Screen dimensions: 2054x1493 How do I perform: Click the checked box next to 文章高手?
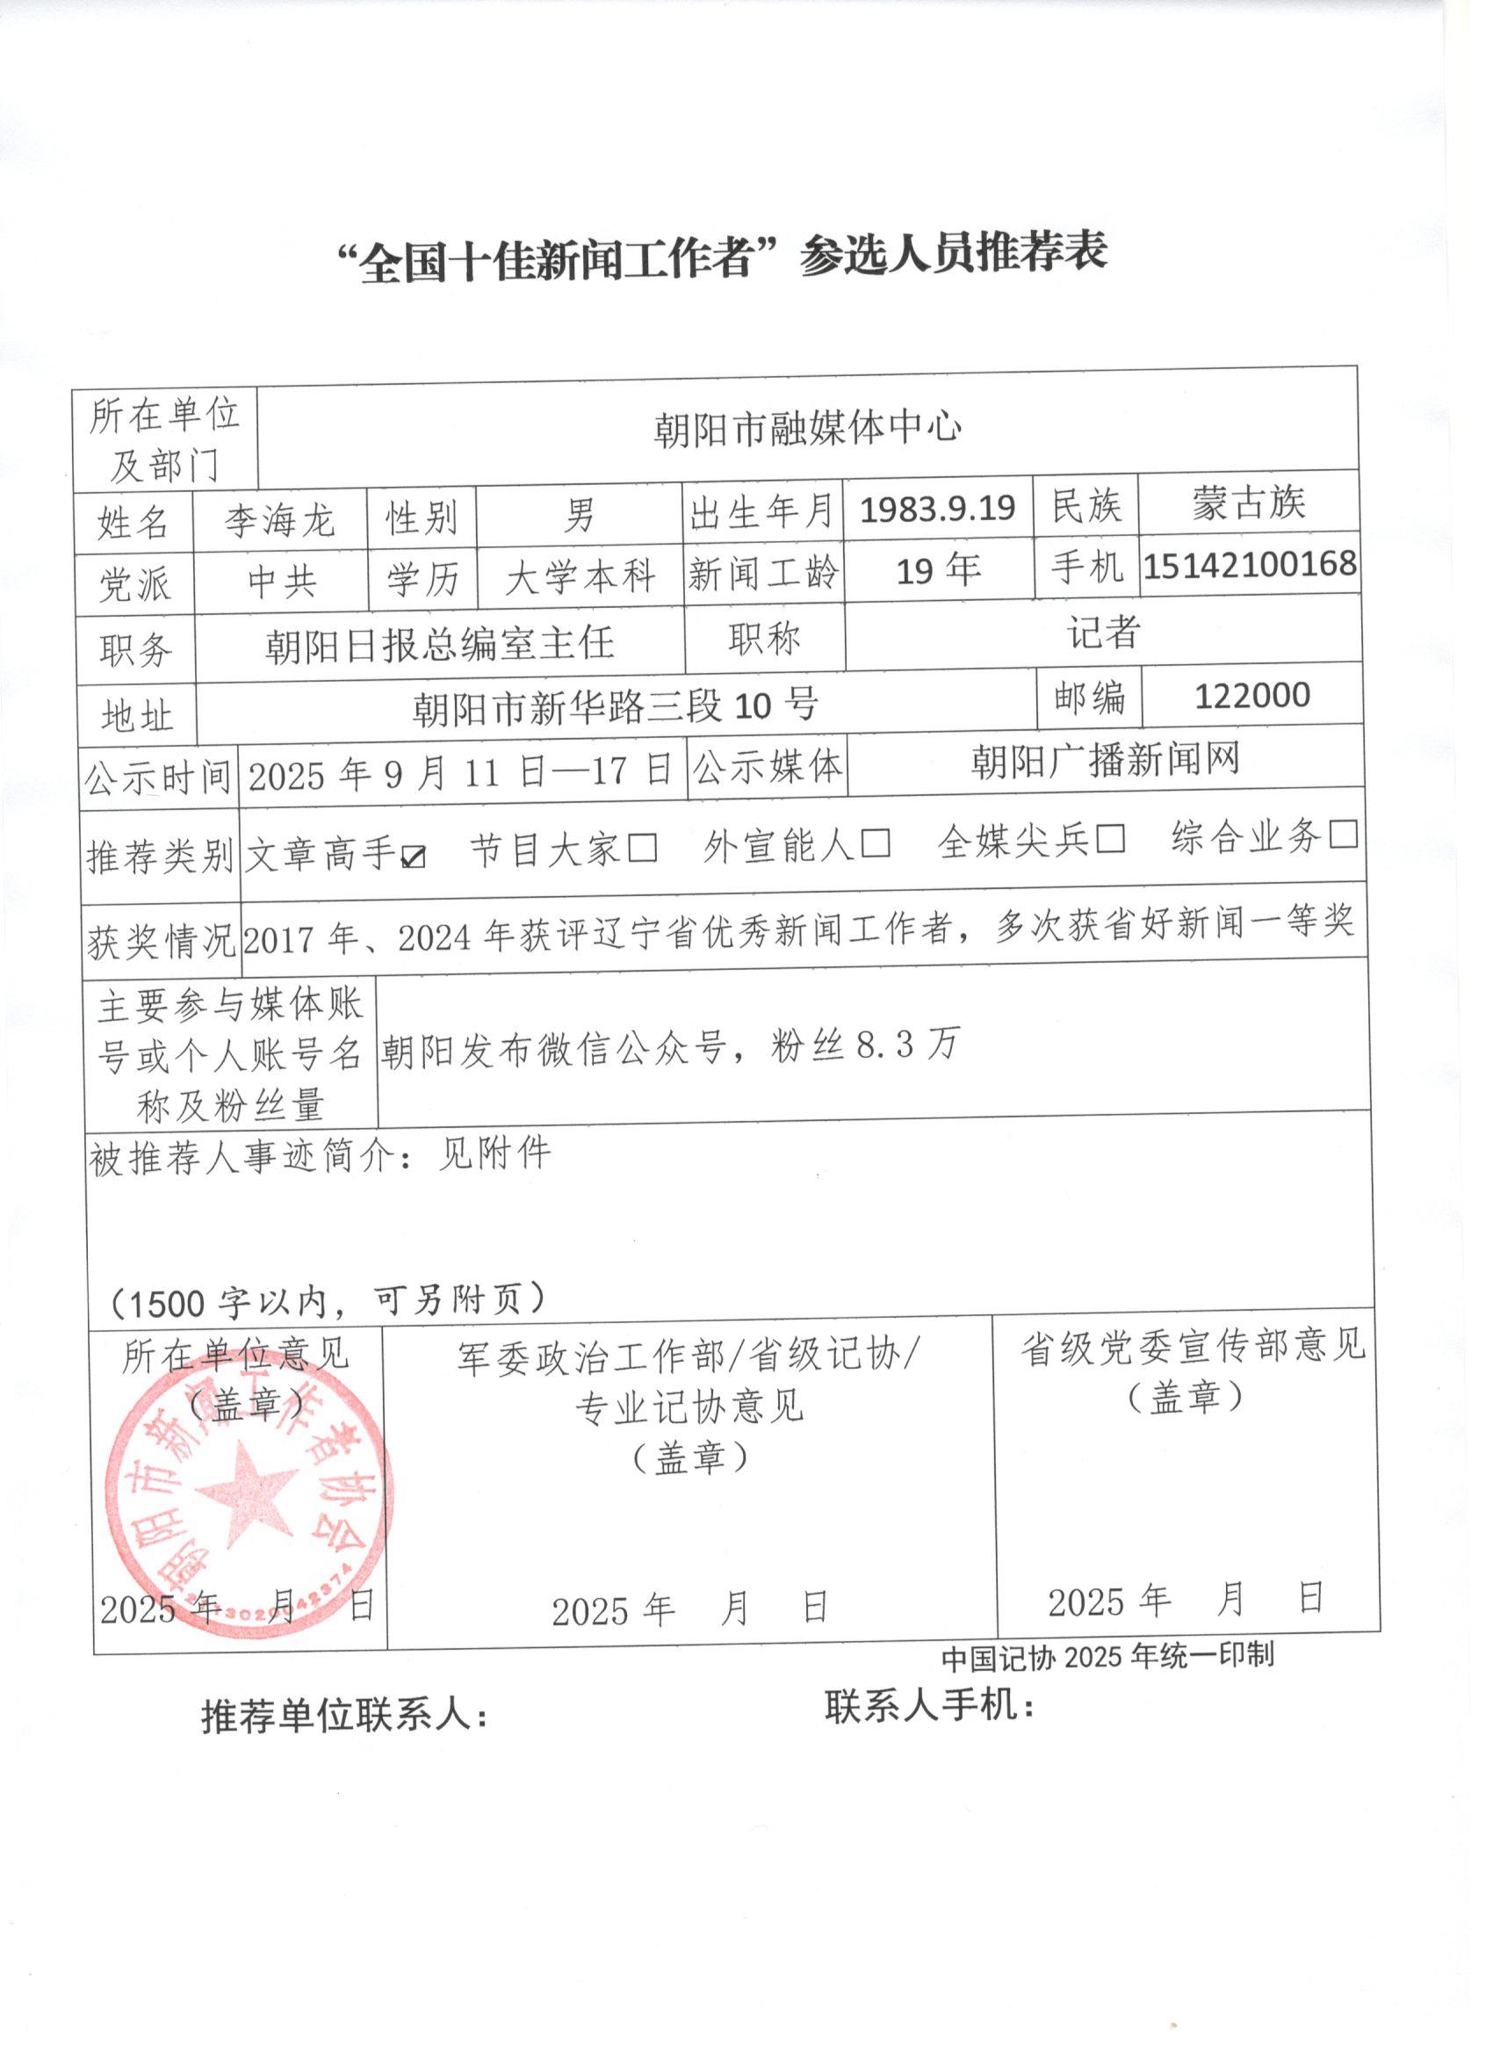click(413, 855)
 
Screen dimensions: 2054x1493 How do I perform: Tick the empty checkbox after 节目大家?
click(643, 849)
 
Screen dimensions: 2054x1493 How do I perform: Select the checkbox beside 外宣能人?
click(876, 843)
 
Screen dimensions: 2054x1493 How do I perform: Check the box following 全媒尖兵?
click(1110, 839)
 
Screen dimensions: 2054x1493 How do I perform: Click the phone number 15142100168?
click(1250, 564)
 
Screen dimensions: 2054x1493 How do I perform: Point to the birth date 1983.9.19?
click(937, 509)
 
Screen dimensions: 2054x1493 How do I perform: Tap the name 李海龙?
click(280, 521)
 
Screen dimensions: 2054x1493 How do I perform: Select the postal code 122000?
click(1252, 696)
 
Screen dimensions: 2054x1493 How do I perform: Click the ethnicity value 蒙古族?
click(1249, 503)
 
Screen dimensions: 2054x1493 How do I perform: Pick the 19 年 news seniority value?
click(938, 570)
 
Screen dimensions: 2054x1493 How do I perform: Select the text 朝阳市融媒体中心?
click(807, 429)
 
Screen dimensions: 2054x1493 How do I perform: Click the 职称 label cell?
click(764, 640)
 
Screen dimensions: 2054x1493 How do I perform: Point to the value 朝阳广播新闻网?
click(1105, 761)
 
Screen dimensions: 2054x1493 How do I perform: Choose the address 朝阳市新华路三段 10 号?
click(616, 706)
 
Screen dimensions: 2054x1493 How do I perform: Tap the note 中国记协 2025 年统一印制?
click(1107, 1656)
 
